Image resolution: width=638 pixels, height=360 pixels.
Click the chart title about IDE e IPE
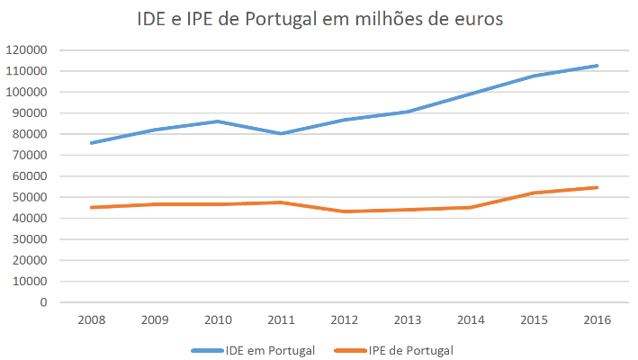(x=319, y=19)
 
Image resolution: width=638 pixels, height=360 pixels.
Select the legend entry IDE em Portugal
(x=253, y=351)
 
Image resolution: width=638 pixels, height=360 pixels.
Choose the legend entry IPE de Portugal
(x=393, y=351)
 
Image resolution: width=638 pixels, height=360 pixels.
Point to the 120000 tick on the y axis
(x=26, y=50)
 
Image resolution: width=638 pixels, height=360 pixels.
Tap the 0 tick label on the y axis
(x=43, y=302)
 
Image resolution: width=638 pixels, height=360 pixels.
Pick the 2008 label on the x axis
(x=92, y=320)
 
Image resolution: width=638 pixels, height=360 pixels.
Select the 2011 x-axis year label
(x=281, y=320)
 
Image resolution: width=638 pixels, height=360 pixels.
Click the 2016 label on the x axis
(x=598, y=320)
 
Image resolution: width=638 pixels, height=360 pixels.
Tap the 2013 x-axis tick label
(x=408, y=320)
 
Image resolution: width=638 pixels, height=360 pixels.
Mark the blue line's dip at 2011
(x=281, y=133)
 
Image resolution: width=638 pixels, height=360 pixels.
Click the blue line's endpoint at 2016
(x=597, y=66)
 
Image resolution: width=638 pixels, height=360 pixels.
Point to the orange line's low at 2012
(x=345, y=211)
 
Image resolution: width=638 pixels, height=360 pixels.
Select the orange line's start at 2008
(x=92, y=208)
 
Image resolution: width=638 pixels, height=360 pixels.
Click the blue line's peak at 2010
(x=218, y=121)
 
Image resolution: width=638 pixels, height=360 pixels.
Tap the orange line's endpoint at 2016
(x=597, y=187)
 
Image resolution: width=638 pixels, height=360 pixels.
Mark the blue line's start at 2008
(x=92, y=143)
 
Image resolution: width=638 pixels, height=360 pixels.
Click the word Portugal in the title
(x=281, y=20)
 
